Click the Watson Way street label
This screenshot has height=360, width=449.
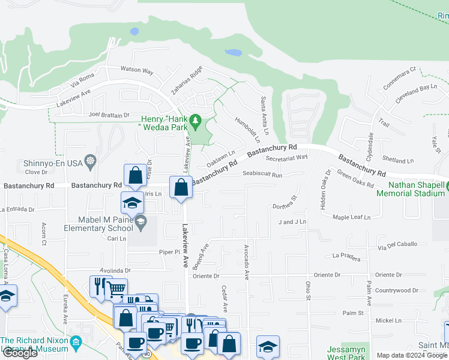coord(137,70)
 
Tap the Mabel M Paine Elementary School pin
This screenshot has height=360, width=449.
coord(140,223)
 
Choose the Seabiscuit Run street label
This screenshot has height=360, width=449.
coord(262,175)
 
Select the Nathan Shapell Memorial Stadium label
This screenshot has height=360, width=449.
coord(412,189)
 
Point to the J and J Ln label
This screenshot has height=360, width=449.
coord(292,222)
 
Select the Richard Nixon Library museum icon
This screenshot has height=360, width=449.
coord(76,343)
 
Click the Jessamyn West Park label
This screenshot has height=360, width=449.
coord(346,353)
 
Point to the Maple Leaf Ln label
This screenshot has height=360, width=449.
coord(352,217)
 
